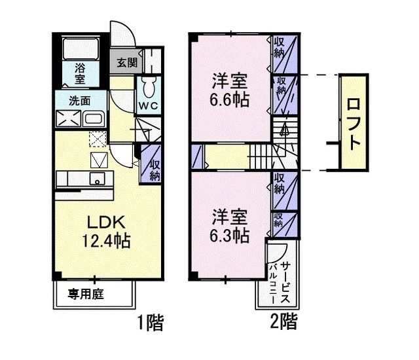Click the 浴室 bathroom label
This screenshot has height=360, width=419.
[80, 72]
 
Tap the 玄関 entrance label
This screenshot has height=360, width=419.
[127, 63]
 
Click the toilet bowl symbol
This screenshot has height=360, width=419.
[146, 86]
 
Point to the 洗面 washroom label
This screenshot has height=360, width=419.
[81, 101]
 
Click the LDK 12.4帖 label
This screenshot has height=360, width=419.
[104, 230]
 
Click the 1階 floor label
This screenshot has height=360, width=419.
[149, 323]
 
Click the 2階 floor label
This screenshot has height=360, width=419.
[283, 323]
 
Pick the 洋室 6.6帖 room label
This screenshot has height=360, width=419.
[229, 91]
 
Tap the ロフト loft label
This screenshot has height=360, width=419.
[353, 122]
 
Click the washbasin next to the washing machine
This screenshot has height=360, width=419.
[93, 120]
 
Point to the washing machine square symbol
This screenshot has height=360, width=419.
[68, 120]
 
